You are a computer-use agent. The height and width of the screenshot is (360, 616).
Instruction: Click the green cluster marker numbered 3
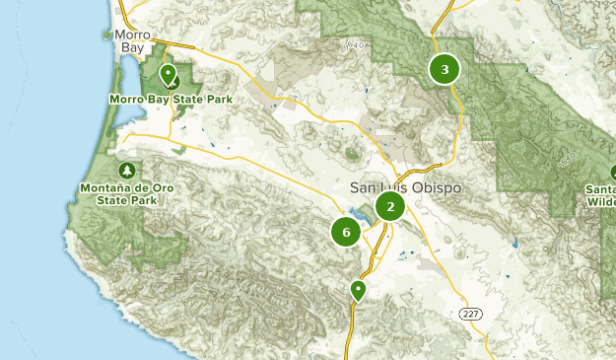point(445,69)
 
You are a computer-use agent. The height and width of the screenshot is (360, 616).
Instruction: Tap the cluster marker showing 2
point(390,206)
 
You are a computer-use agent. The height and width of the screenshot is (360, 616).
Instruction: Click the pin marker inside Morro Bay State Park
point(168,75)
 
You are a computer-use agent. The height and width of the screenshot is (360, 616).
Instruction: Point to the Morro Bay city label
point(132,40)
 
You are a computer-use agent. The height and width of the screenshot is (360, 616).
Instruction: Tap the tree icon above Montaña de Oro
point(125,170)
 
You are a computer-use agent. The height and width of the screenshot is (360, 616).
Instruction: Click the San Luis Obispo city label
point(405,187)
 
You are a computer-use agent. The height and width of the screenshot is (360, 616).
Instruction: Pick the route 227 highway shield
point(471,315)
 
